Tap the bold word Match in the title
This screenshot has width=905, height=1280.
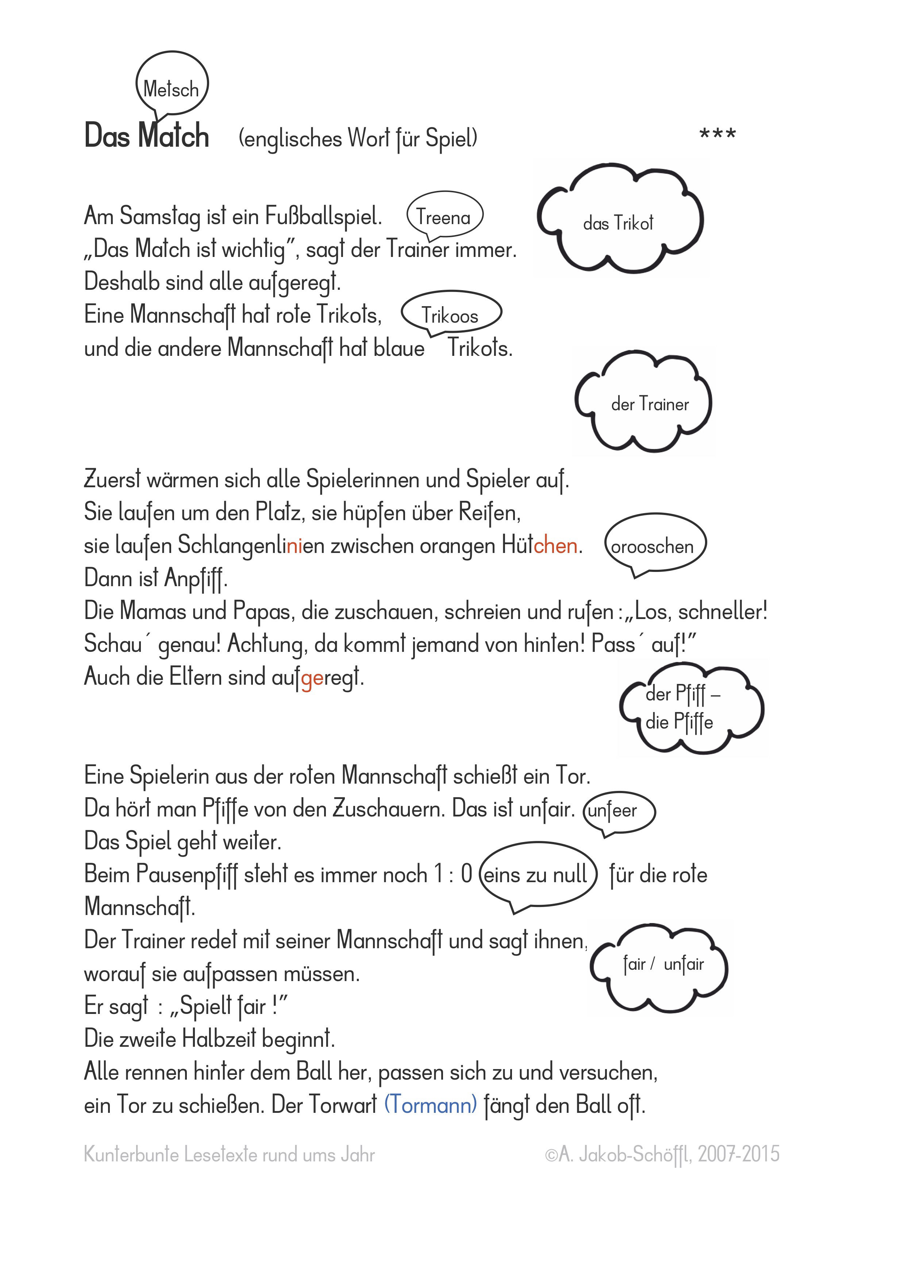tap(173, 137)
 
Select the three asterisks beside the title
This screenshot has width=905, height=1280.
tap(718, 134)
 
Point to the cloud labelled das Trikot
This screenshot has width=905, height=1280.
tap(619, 222)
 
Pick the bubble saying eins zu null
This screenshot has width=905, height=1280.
tap(536, 873)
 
